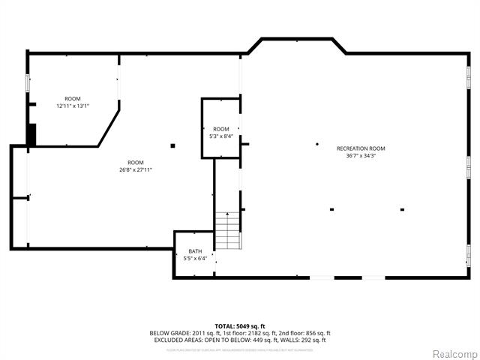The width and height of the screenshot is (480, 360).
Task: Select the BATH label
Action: (195, 251)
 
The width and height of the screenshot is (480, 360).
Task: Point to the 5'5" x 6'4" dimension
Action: (195, 259)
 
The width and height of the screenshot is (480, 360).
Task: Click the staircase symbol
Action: (228, 231)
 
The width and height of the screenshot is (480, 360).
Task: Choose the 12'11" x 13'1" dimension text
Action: (73, 106)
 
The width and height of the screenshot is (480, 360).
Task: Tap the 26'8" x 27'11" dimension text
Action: (135, 169)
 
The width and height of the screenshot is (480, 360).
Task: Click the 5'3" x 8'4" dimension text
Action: (220, 136)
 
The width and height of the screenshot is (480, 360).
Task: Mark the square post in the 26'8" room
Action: (172, 145)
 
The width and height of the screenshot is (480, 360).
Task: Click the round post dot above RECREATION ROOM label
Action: (317, 143)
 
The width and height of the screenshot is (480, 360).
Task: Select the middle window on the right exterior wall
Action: (469, 163)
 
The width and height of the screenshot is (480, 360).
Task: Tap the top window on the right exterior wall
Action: (469, 75)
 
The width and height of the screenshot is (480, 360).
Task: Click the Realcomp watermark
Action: (452, 353)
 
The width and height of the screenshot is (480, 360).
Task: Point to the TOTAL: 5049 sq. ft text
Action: (240, 325)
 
